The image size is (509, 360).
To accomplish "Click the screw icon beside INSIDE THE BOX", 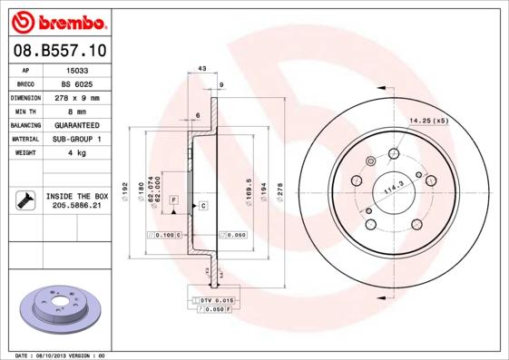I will [24, 200].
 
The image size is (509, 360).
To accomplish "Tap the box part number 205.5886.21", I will [77, 206].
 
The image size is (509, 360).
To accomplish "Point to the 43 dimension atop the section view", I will [201, 69].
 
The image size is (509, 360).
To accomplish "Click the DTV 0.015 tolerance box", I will [216, 299].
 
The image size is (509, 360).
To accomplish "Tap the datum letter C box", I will [203, 207].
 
